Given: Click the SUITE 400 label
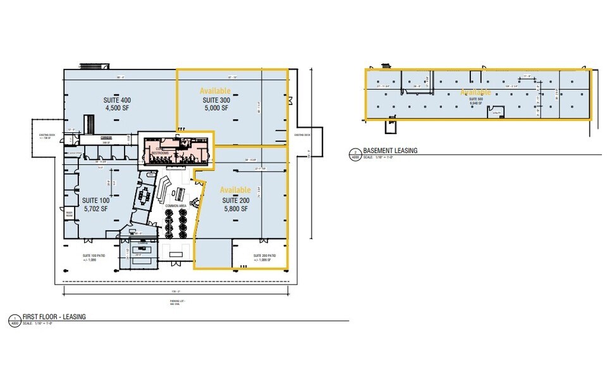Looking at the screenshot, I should click(117, 100).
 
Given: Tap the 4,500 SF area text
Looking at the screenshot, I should click(117, 108).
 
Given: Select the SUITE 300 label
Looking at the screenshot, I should click(216, 100).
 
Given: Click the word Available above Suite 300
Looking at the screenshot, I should click(216, 91).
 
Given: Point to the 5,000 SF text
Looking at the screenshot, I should click(216, 108).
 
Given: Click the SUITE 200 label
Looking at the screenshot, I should click(236, 199).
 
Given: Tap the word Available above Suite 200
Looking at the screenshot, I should click(235, 190).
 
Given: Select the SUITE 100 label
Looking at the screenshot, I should click(96, 199).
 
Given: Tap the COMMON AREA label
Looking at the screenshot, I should click(174, 206).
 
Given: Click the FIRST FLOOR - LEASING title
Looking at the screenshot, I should click(54, 316).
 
